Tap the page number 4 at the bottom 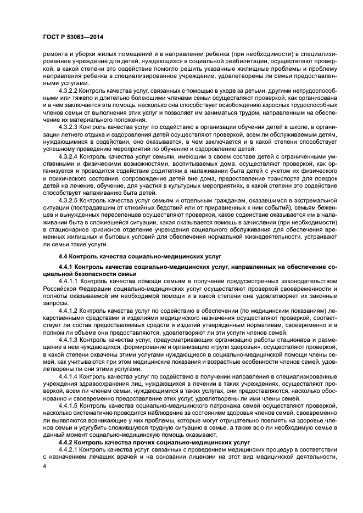click(45, 466)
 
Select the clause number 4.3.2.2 click(69, 89)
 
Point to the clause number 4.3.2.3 click(69, 126)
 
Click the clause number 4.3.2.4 click(69, 156)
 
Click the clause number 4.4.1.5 click(69, 404)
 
